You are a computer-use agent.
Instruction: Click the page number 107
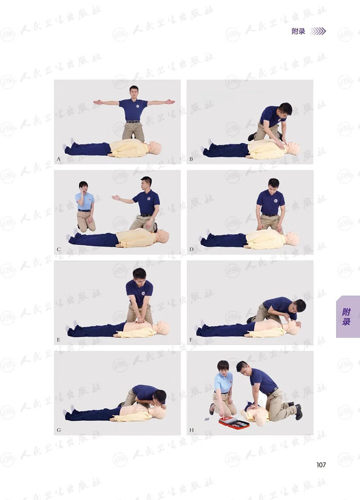point(321,465)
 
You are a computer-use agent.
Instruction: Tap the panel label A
point(58,159)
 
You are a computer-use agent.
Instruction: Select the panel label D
point(191,249)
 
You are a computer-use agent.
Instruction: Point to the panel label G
point(58,430)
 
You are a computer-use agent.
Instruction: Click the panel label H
point(191,430)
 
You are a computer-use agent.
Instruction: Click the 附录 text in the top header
point(298,31)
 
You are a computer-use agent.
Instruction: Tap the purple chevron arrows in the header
point(318,31)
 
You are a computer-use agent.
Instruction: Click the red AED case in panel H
point(234,423)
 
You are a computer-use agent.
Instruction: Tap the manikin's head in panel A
point(155,148)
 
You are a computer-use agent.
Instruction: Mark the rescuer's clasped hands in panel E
point(139,319)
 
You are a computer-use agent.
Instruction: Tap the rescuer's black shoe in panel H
point(298,412)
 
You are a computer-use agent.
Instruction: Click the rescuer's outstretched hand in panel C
point(116,198)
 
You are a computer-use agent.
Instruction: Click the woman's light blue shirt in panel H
point(223,382)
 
